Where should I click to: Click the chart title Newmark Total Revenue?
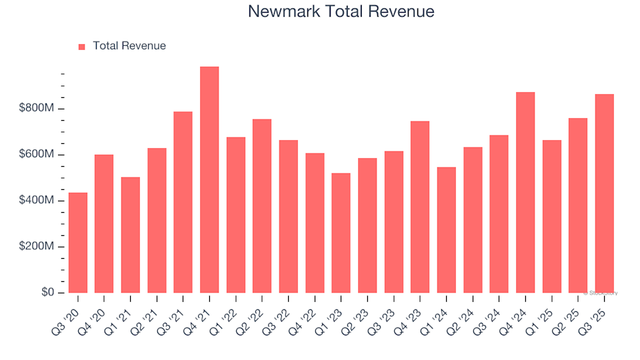(x=341, y=11)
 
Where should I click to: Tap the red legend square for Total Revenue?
(x=82, y=47)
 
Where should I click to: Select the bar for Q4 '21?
(x=209, y=179)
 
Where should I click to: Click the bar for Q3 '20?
(x=78, y=243)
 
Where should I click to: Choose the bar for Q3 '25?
(x=605, y=193)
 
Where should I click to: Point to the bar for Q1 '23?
(x=341, y=233)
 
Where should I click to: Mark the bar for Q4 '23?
(x=420, y=207)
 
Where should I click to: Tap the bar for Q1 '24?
(x=447, y=230)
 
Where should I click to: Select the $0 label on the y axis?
(x=47, y=293)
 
